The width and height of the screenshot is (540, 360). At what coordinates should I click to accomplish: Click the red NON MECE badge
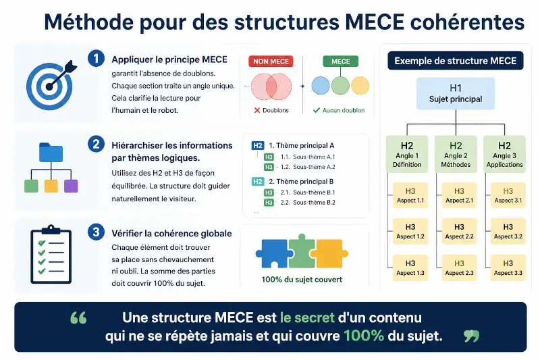click(x=271, y=61)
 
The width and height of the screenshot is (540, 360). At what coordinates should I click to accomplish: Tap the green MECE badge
click(x=340, y=61)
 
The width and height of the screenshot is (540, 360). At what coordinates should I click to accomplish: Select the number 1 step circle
click(x=96, y=58)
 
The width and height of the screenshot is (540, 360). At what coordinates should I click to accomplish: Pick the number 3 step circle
click(x=96, y=232)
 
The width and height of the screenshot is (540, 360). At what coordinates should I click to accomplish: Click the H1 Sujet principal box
click(x=456, y=94)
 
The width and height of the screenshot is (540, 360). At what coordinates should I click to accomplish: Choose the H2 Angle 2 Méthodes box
click(x=456, y=154)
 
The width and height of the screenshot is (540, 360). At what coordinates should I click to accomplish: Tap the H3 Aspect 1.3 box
click(x=410, y=267)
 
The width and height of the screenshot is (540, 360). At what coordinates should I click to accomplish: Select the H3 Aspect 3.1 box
click(x=508, y=195)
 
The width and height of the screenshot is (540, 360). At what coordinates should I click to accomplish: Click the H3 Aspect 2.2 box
click(x=459, y=232)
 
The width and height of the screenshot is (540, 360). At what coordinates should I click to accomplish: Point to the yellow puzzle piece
click(x=329, y=253)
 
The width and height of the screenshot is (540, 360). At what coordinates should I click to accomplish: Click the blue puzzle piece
click(x=273, y=254)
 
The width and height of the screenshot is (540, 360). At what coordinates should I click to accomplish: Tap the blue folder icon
click(x=51, y=152)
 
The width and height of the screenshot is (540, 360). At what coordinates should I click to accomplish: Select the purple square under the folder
click(x=71, y=186)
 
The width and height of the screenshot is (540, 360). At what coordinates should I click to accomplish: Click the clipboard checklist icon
click(x=51, y=254)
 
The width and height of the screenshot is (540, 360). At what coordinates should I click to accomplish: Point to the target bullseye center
click(x=49, y=86)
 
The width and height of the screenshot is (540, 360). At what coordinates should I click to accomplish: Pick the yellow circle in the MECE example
click(x=360, y=85)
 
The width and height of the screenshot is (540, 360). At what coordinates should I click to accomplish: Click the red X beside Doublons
click(x=257, y=110)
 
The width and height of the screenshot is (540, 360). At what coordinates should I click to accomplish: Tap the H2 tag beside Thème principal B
click(x=258, y=182)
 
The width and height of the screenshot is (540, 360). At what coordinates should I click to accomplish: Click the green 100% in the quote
click(x=364, y=336)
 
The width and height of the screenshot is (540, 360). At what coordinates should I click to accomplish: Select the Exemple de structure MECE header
click(x=455, y=61)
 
